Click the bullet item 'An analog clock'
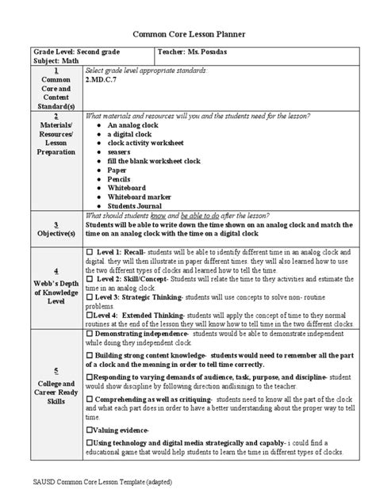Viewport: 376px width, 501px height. pyautogui.click(x=132, y=125)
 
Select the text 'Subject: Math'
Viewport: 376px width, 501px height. pyautogui.click(x=49, y=60)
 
